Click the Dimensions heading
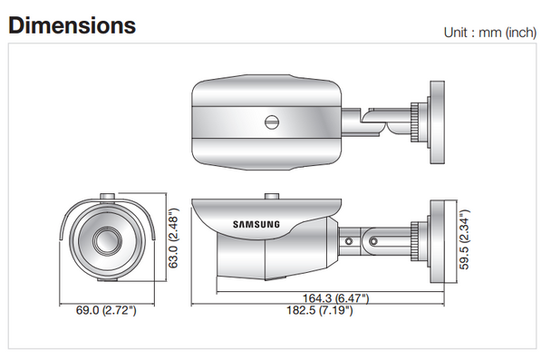point(72,25)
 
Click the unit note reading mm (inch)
point(507,33)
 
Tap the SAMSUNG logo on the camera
point(256,224)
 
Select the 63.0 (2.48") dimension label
point(173,238)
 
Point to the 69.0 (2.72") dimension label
point(106,310)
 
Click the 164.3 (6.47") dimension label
point(335,298)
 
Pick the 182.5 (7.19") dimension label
point(319,310)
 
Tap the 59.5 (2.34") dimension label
point(464,239)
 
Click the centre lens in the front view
point(108,240)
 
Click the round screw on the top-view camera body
point(272,122)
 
